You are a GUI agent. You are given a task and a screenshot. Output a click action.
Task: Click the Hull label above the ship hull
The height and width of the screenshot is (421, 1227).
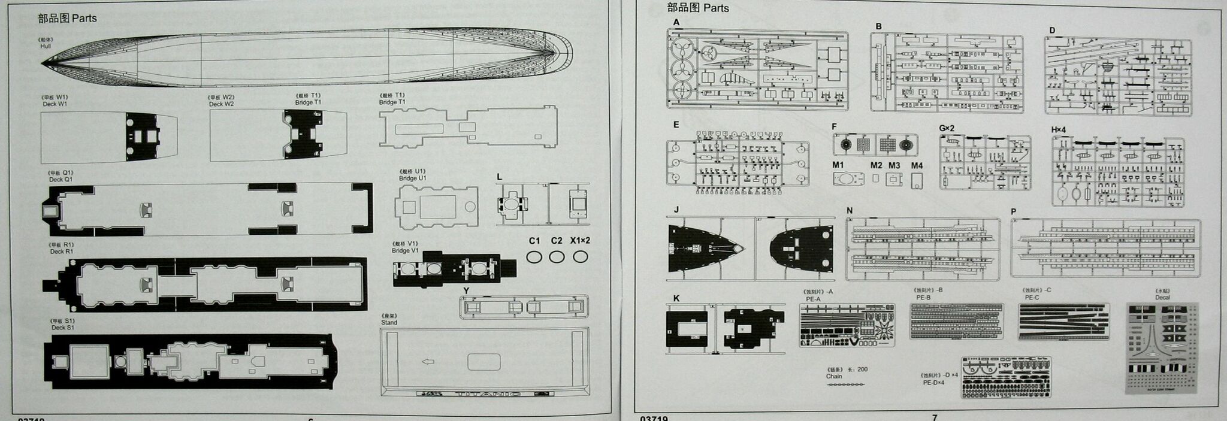click(46, 46)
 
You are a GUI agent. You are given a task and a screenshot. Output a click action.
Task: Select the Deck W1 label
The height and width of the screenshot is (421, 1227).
click(55, 104)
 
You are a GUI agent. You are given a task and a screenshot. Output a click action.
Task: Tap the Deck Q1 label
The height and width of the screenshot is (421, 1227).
click(61, 179)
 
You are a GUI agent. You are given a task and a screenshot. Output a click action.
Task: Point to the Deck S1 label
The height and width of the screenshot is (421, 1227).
click(62, 328)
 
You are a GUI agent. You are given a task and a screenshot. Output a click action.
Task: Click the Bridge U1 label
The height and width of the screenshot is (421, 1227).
click(412, 178)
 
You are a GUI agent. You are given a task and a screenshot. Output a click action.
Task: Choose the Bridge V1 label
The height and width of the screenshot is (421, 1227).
click(405, 250)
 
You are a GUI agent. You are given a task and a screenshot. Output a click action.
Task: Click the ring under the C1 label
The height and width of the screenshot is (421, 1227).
click(534, 257)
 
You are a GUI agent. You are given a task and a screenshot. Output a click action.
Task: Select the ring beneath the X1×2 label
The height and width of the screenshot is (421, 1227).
click(580, 257)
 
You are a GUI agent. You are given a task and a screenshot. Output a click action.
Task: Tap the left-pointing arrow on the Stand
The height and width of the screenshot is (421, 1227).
click(428, 362)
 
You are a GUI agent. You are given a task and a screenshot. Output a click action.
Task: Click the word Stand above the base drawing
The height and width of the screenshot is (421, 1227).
click(389, 322)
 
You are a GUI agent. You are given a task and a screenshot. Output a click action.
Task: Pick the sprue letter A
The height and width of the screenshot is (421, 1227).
click(676, 23)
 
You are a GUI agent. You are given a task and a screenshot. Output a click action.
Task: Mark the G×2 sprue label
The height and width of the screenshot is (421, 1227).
click(947, 129)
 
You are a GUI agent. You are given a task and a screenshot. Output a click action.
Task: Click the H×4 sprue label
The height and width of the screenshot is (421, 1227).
click(1059, 130)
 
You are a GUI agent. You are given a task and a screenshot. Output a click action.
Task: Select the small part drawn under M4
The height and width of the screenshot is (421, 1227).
click(916, 181)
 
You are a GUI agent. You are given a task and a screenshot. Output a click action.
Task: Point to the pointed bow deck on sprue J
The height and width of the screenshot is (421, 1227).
click(707, 247)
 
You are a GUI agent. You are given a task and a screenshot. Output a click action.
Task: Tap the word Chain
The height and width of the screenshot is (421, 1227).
click(834, 376)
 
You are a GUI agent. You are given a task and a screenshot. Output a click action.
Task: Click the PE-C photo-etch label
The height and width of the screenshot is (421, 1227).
click(1032, 297)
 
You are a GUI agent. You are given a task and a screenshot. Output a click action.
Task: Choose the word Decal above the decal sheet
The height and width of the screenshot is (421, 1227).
click(1162, 297)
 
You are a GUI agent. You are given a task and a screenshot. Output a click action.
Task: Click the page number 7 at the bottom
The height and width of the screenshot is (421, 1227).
click(935, 417)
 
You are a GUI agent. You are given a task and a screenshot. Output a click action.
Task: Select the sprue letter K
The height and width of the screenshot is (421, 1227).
click(676, 298)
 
